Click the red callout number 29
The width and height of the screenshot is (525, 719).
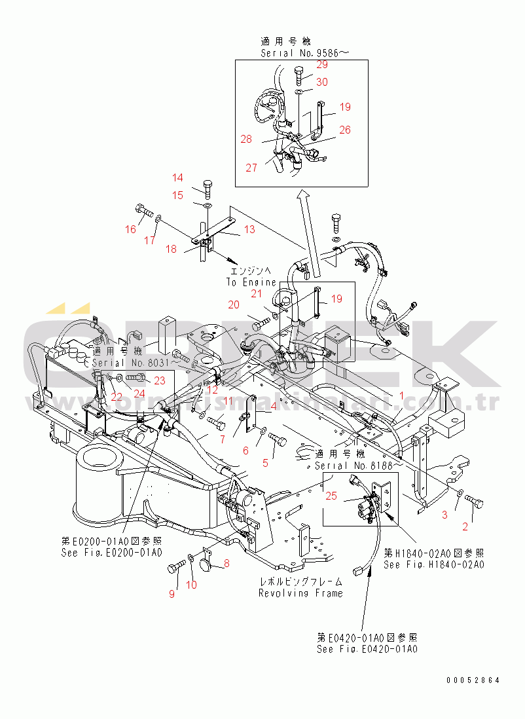(322, 64)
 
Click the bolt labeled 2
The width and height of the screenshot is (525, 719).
(475, 503)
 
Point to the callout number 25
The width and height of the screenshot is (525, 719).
(331, 496)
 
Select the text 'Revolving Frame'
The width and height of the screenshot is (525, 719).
(300, 593)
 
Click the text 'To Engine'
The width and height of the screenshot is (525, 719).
(251, 282)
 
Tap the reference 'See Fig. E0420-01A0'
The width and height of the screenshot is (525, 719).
(367, 649)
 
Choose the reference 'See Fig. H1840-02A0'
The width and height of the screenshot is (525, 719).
(433, 564)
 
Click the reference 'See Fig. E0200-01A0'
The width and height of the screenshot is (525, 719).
(111, 553)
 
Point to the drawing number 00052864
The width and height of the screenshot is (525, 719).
(473, 680)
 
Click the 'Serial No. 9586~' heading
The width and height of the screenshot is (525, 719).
(300, 54)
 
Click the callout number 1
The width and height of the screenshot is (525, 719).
(402, 395)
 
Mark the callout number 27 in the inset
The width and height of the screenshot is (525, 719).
(252, 167)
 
